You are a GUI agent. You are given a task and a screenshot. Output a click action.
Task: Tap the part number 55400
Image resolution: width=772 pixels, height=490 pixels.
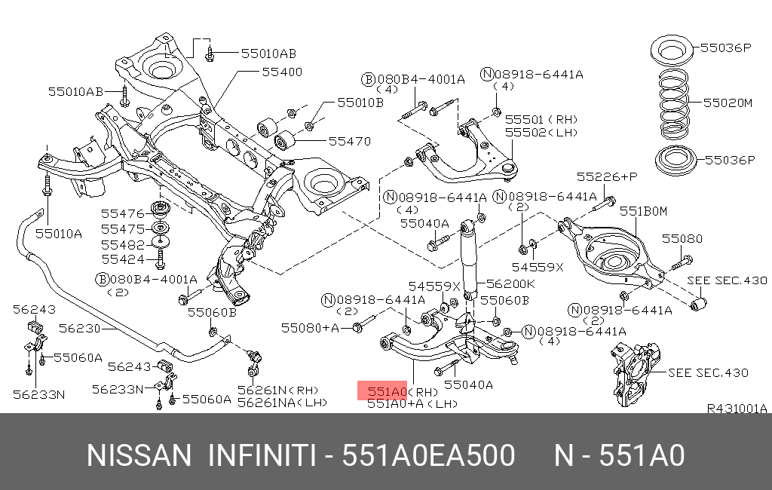tap(282, 72)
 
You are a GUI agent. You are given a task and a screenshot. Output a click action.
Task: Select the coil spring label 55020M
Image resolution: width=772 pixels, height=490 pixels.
tap(727, 102)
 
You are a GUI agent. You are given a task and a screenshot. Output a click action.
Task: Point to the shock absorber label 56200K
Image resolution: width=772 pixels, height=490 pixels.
tap(510, 284)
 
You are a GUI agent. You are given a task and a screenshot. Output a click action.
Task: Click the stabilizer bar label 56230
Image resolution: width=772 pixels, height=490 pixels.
tap(78, 328)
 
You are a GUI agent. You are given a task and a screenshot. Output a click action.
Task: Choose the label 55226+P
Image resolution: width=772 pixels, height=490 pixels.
tap(607, 176)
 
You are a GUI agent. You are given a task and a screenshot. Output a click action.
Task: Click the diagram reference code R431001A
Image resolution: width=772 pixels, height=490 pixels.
tap(736, 409)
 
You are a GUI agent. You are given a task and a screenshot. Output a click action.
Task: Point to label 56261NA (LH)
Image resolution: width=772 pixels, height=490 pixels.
tap(282, 403)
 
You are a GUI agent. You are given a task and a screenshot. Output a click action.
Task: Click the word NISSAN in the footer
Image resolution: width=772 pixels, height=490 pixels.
tap(139, 456)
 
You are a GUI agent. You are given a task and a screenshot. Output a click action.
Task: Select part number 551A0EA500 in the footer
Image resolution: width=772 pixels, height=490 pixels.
tap(428, 456)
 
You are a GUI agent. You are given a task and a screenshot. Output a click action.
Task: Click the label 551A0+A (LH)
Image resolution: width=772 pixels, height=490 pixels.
tap(412, 404)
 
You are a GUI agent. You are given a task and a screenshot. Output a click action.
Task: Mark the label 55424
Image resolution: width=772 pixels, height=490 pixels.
tap(123, 259)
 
